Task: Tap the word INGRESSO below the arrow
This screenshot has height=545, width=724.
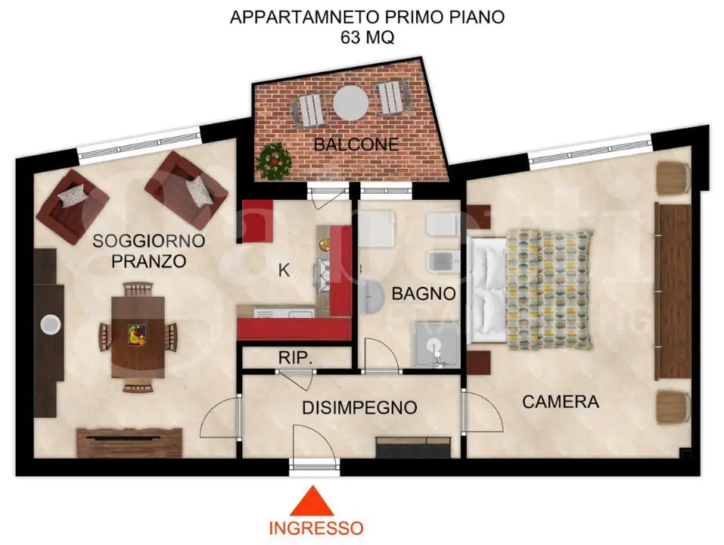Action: point(316,528)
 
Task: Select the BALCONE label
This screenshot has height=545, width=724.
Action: point(356,144)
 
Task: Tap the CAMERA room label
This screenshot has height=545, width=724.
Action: point(561,401)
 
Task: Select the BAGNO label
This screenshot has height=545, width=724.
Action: point(424,293)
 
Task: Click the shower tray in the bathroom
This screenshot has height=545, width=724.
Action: point(436,344)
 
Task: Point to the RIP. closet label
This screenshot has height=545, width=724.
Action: point(296,357)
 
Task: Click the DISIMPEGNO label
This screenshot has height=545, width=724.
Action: point(359,407)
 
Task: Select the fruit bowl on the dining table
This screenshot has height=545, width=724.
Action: point(138,334)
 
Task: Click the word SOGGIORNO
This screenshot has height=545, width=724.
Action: point(148,241)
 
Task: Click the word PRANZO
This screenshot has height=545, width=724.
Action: point(148,262)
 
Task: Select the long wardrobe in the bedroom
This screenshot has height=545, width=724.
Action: point(672,291)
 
